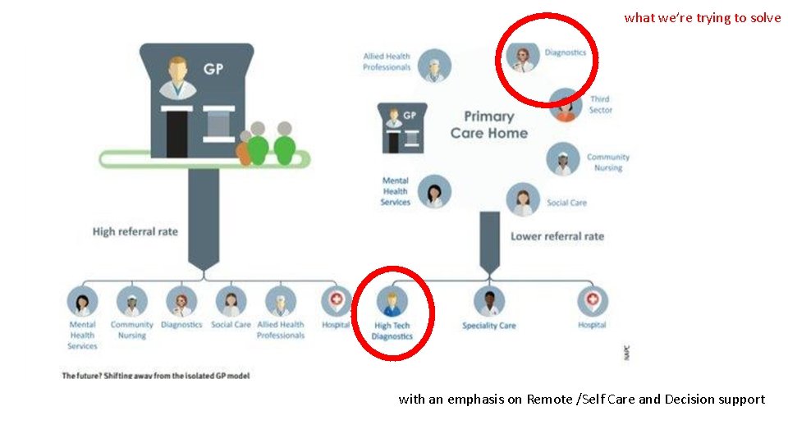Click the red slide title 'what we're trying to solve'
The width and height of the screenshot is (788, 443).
702,18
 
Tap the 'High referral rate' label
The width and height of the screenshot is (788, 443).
135,231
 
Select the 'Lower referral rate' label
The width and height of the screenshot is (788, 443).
557,236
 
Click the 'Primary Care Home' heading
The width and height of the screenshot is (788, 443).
488,125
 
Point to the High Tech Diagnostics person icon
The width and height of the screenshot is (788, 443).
392,302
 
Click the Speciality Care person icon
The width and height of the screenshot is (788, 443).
489,302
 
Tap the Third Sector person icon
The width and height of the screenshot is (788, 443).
566,105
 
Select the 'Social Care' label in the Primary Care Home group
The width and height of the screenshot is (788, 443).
567,203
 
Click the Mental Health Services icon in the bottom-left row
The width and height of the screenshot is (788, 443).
82,302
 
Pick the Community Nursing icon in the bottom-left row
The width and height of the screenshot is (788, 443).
131,302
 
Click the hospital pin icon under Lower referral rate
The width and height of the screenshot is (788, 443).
592,302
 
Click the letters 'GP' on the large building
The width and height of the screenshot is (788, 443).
213,70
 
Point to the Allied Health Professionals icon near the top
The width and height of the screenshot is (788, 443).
433,66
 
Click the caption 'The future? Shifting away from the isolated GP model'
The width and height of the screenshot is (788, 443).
156,376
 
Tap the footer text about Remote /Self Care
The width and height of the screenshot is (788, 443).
581,400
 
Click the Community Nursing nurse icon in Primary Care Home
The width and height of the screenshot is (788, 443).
563,160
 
